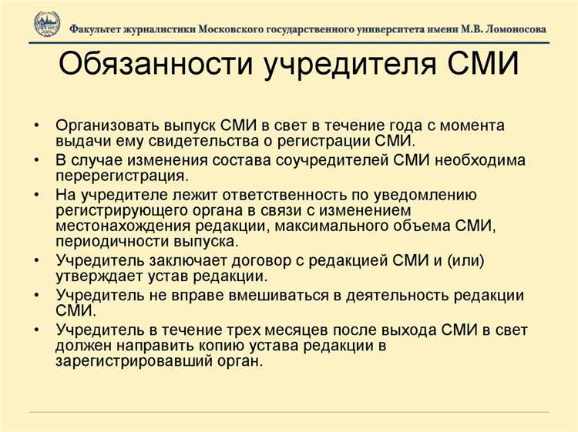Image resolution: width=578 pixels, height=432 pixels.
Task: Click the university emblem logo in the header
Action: [x=46, y=25]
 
